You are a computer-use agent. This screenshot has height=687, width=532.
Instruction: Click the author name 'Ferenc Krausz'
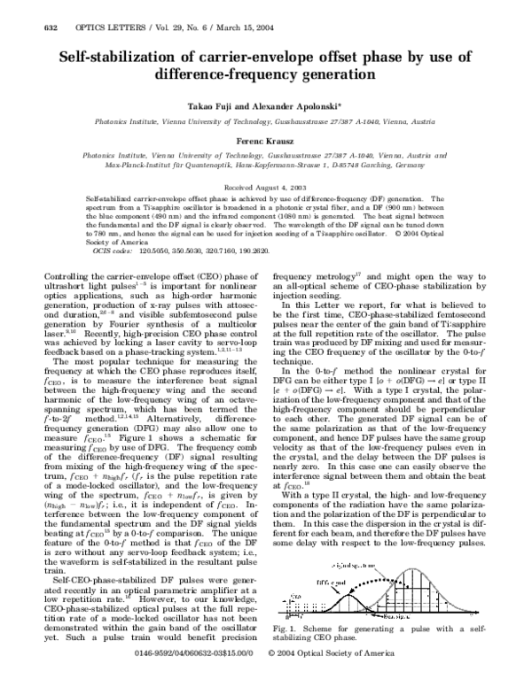click(266, 141)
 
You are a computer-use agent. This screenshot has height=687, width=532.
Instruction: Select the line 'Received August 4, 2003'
click(266, 189)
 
